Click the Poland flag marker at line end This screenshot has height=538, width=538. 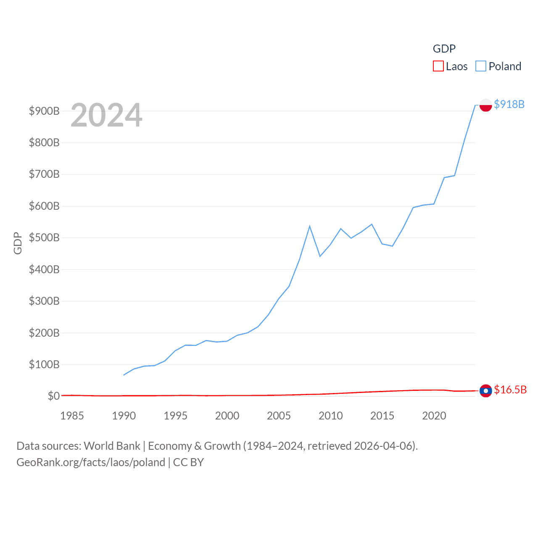pyautogui.click(x=485, y=105)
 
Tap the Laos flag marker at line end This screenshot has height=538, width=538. pyautogui.click(x=485, y=391)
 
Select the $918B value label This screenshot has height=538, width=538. pyautogui.click(x=509, y=104)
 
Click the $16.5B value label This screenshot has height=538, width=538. pyautogui.click(x=510, y=390)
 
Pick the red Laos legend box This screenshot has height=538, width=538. pyautogui.click(x=438, y=66)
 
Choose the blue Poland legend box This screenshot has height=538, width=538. pyautogui.click(x=481, y=66)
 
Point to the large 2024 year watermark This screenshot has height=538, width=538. pyautogui.click(x=106, y=115)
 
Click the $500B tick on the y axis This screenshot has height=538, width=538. pyautogui.click(x=44, y=237)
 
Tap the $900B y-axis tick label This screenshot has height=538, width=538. pyautogui.click(x=44, y=111)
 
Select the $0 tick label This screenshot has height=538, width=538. pyautogui.click(x=53, y=396)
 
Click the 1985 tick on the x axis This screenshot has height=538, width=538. pyautogui.click(x=72, y=416)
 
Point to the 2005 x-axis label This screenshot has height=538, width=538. pyautogui.click(x=279, y=416)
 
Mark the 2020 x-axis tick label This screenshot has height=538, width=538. pyautogui.click(x=434, y=416)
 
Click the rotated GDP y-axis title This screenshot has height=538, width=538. pyautogui.click(x=18, y=243)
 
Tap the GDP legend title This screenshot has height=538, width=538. pyautogui.click(x=444, y=49)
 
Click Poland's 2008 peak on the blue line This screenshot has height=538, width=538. pyautogui.click(x=310, y=226)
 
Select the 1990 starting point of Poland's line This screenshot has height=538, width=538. pyautogui.click(x=124, y=374)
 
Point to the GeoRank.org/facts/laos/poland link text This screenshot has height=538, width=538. pyautogui.click(x=91, y=462)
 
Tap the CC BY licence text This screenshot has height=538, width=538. pyautogui.click(x=188, y=462)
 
